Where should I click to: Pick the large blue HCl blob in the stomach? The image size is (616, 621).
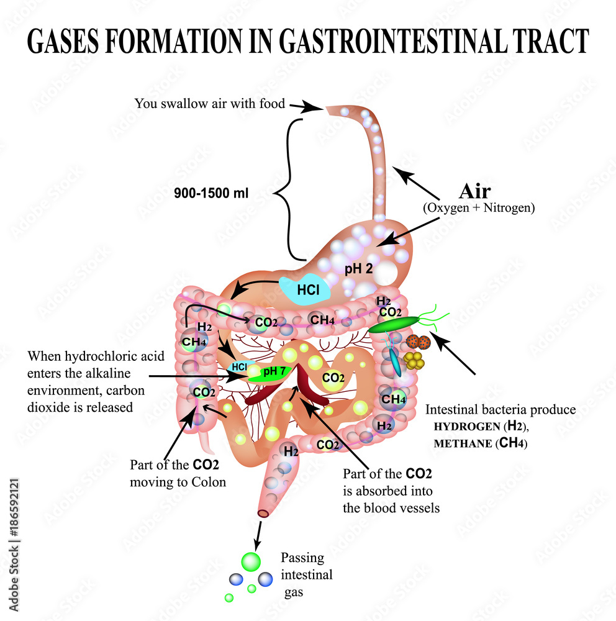305,289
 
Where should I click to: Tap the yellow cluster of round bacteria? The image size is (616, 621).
413,361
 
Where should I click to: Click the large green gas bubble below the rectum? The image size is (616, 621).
251,561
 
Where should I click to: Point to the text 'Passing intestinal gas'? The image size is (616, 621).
306,574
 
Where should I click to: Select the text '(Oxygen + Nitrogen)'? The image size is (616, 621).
478,209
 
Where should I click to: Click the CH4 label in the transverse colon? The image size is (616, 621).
323,320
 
